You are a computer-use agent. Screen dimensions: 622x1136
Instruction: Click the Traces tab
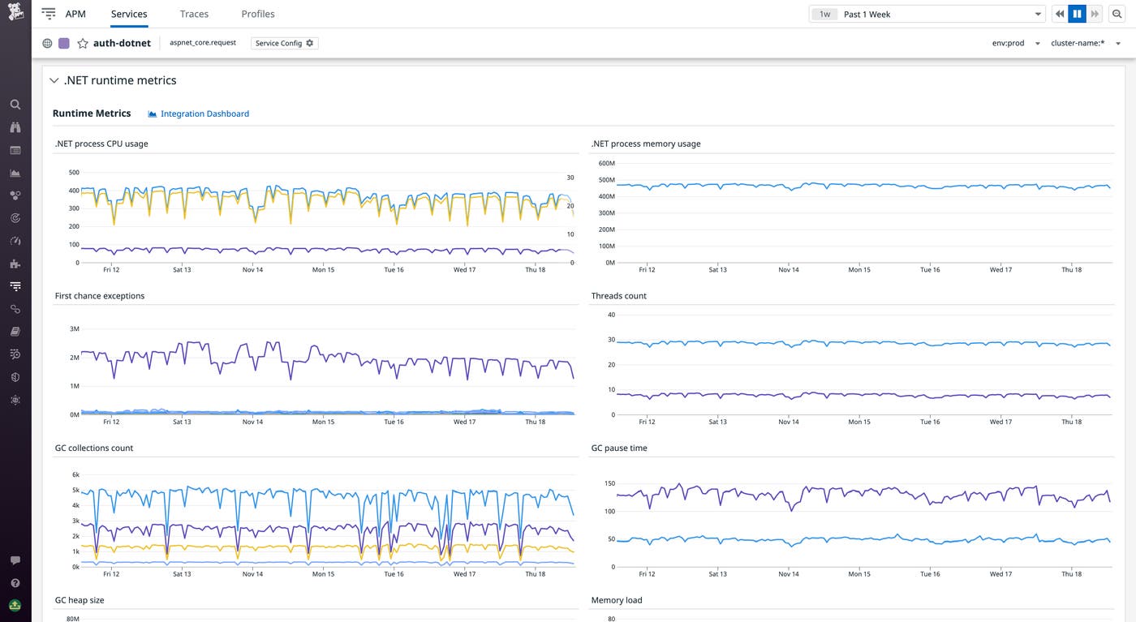[194, 14]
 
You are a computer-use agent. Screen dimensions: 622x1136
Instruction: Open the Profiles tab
[258, 14]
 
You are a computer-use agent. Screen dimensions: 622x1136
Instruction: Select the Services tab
[129, 14]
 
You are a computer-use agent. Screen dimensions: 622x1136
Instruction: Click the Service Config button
[284, 43]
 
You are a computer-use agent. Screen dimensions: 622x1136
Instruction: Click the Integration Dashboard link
[204, 114]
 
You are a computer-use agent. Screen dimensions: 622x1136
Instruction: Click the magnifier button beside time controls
[1117, 14]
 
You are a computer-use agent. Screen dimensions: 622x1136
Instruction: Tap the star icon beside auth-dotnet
[83, 44]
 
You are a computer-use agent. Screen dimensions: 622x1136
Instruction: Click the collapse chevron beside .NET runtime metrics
[54, 81]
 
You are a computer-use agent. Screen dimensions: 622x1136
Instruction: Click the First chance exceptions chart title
[100, 296]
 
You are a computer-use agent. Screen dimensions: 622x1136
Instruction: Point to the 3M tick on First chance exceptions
[74, 329]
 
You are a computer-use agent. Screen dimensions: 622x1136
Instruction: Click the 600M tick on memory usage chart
[606, 163]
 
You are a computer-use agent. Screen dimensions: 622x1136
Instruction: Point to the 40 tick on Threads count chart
[611, 315]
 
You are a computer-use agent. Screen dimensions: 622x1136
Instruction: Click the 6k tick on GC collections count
[75, 474]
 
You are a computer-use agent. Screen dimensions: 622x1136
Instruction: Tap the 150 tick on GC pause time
[609, 484]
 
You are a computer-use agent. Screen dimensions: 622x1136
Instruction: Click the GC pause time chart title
[619, 448]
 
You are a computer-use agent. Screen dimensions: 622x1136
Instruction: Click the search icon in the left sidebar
[15, 105]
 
